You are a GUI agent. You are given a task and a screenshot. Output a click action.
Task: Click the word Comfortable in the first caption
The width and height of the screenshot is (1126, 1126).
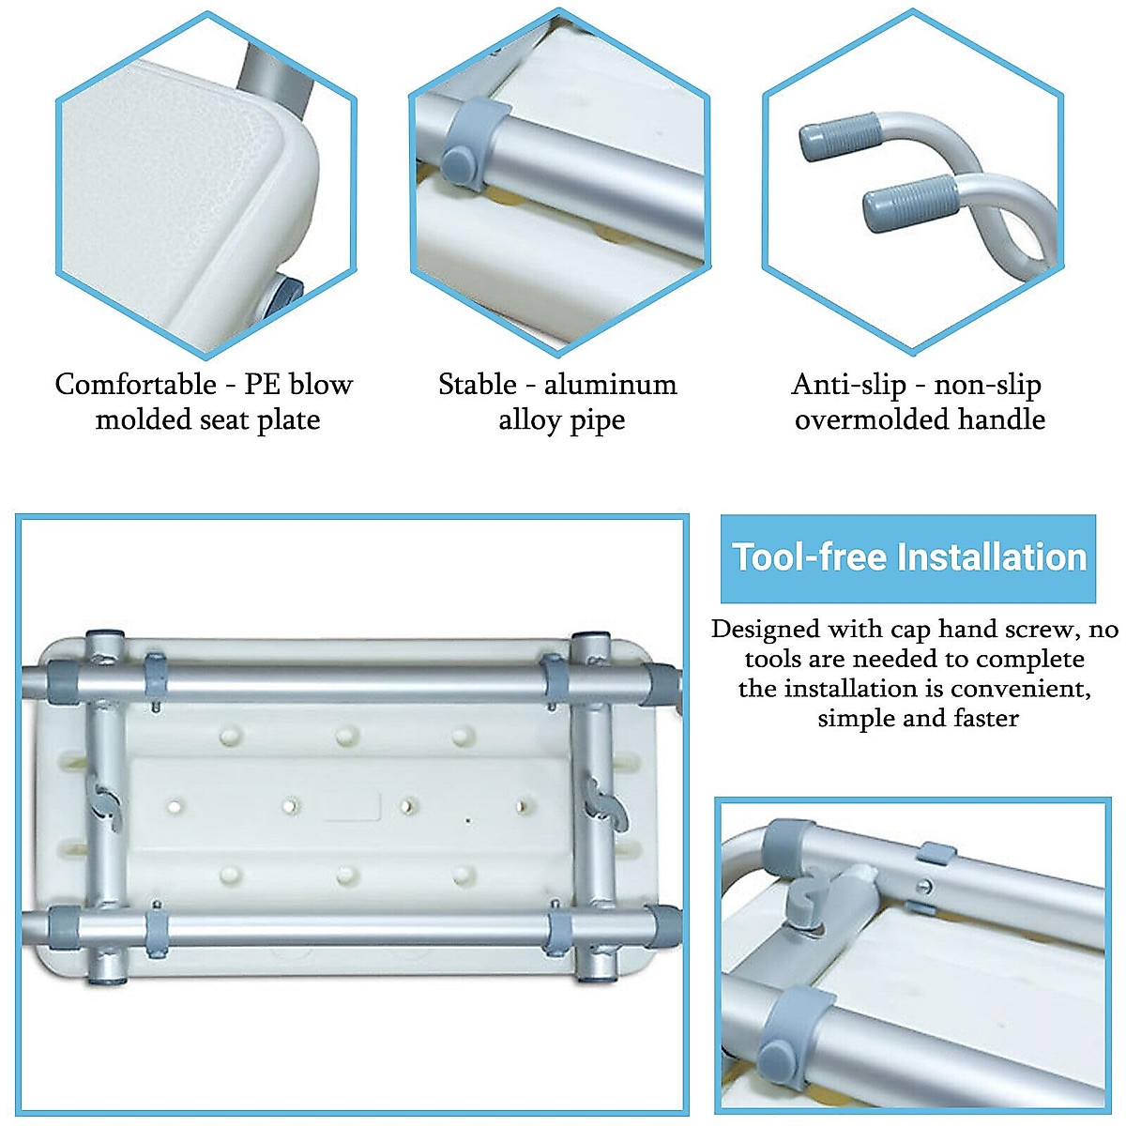pyautogui.click(x=136, y=385)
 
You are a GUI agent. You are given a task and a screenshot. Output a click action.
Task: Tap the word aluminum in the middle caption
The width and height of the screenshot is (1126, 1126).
pyautogui.click(x=610, y=385)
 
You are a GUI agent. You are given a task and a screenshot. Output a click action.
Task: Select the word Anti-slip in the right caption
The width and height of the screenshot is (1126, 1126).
pyautogui.click(x=849, y=385)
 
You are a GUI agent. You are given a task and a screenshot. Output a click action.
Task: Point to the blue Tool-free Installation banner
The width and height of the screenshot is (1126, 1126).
pyautogui.click(x=907, y=557)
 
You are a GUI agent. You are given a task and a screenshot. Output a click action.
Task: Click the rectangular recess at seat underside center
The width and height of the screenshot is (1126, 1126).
pyautogui.click(x=352, y=805)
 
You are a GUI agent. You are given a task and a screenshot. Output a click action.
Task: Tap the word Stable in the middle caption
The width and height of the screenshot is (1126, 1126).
pyautogui.click(x=478, y=385)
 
